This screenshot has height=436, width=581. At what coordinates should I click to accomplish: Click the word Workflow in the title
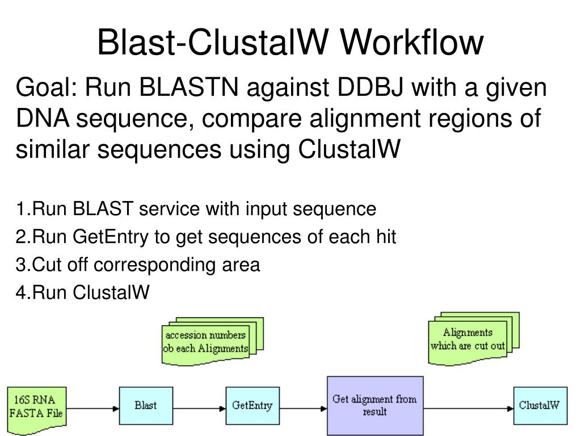[412, 43]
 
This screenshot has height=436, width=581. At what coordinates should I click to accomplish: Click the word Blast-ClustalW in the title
[213, 43]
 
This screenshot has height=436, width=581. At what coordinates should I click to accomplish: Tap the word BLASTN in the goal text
[188, 87]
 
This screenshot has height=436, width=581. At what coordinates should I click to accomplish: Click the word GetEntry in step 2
[111, 237]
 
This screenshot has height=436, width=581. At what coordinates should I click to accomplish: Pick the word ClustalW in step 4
[111, 292]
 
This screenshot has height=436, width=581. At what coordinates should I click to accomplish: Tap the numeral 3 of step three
[20, 265]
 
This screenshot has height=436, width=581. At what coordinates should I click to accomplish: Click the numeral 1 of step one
[20, 209]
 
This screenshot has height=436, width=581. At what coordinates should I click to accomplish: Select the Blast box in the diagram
[146, 405]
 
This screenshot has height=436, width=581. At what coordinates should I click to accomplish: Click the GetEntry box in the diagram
[252, 405]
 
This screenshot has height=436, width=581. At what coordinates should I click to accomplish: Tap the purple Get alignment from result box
[375, 405]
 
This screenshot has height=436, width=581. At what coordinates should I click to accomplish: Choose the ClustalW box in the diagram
[540, 405]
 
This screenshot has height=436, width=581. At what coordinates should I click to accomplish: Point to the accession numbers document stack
[212, 341]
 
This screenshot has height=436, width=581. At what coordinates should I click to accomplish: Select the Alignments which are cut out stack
[474, 338]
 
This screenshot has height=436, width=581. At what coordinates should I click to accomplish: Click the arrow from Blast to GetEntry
[199, 409]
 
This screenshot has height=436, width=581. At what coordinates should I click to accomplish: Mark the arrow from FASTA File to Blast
[92, 409]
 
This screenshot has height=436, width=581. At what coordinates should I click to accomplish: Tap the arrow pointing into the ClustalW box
[468, 409]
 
